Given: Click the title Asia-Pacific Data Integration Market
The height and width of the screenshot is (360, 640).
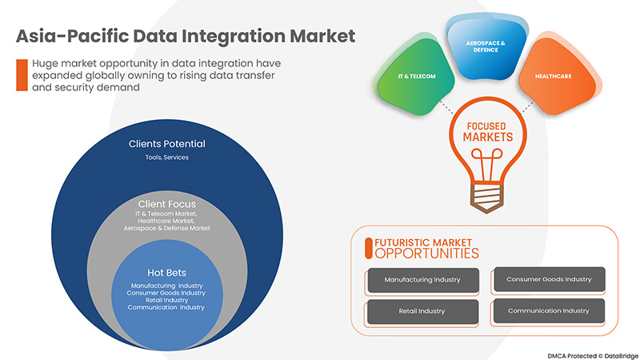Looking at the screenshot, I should pyautogui.click(x=185, y=36).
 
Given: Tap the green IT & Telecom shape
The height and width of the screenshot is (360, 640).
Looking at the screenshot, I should pyautogui.click(x=414, y=76).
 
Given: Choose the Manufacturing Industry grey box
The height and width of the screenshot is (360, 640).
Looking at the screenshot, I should pyautogui.click(x=422, y=280).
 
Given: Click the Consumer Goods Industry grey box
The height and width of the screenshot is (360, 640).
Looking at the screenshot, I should pyautogui.click(x=549, y=279).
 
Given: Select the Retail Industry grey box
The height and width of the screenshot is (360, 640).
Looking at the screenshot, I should pyautogui.click(x=422, y=310).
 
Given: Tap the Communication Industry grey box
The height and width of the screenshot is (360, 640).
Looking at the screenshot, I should pyautogui.click(x=549, y=310).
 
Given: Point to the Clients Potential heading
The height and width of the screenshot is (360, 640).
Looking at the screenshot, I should pyautogui.click(x=167, y=144).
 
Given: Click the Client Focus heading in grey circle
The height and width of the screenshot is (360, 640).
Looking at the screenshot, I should pyautogui.click(x=167, y=204).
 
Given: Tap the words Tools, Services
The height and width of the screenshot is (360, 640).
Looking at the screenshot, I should pyautogui.click(x=167, y=158).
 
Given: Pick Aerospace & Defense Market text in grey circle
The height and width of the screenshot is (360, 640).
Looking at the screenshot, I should pyautogui.click(x=167, y=229).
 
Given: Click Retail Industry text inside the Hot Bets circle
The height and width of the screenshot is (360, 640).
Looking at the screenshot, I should pyautogui.click(x=166, y=300).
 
